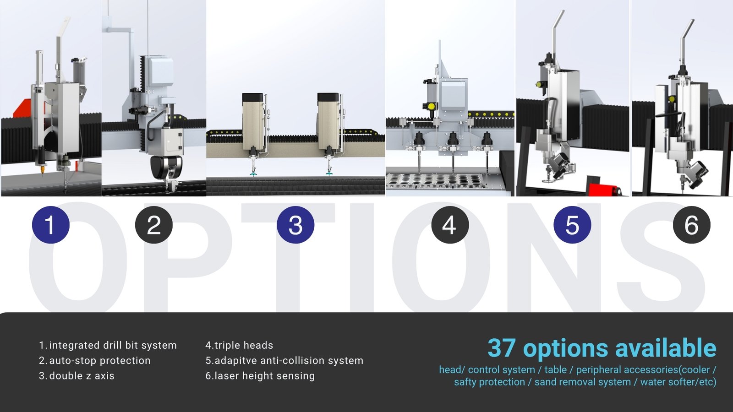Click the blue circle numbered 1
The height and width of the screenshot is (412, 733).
(51, 225)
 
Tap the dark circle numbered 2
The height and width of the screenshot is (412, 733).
(154, 225)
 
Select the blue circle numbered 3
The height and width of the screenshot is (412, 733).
(295, 225)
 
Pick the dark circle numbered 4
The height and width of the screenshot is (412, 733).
(450, 225)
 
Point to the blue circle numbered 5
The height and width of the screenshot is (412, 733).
(572, 225)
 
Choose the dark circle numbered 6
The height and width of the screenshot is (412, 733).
(692, 225)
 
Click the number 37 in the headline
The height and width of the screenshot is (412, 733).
(502, 347)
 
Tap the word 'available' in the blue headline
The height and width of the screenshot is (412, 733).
(666, 347)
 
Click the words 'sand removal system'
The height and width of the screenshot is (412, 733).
(582, 382)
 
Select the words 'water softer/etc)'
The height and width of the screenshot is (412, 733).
(678, 382)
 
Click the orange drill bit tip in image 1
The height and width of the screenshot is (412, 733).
(42, 171)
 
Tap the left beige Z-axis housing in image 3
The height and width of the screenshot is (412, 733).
(253, 121)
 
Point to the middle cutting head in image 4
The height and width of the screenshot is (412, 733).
(453, 151)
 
